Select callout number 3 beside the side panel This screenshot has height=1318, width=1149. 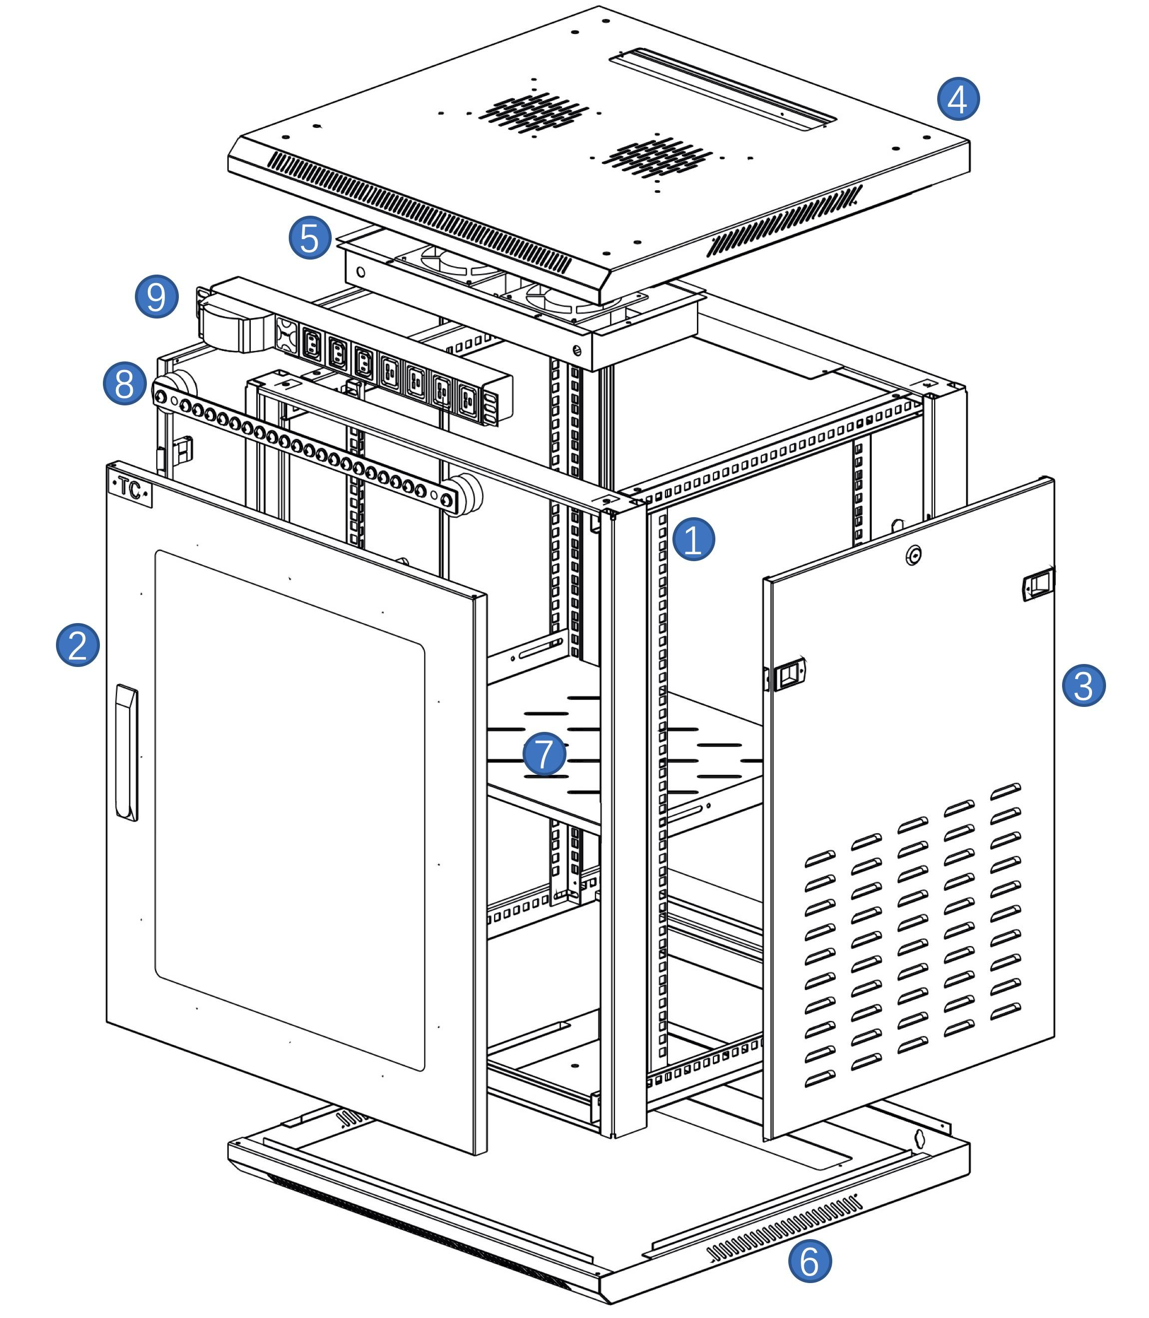(1084, 685)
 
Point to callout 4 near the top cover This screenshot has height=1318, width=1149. (959, 99)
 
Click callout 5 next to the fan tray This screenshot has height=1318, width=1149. (310, 238)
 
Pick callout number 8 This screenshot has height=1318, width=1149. (124, 383)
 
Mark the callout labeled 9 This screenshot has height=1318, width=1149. (156, 296)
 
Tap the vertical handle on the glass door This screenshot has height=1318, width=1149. (126, 752)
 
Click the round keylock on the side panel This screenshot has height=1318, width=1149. (913, 554)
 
